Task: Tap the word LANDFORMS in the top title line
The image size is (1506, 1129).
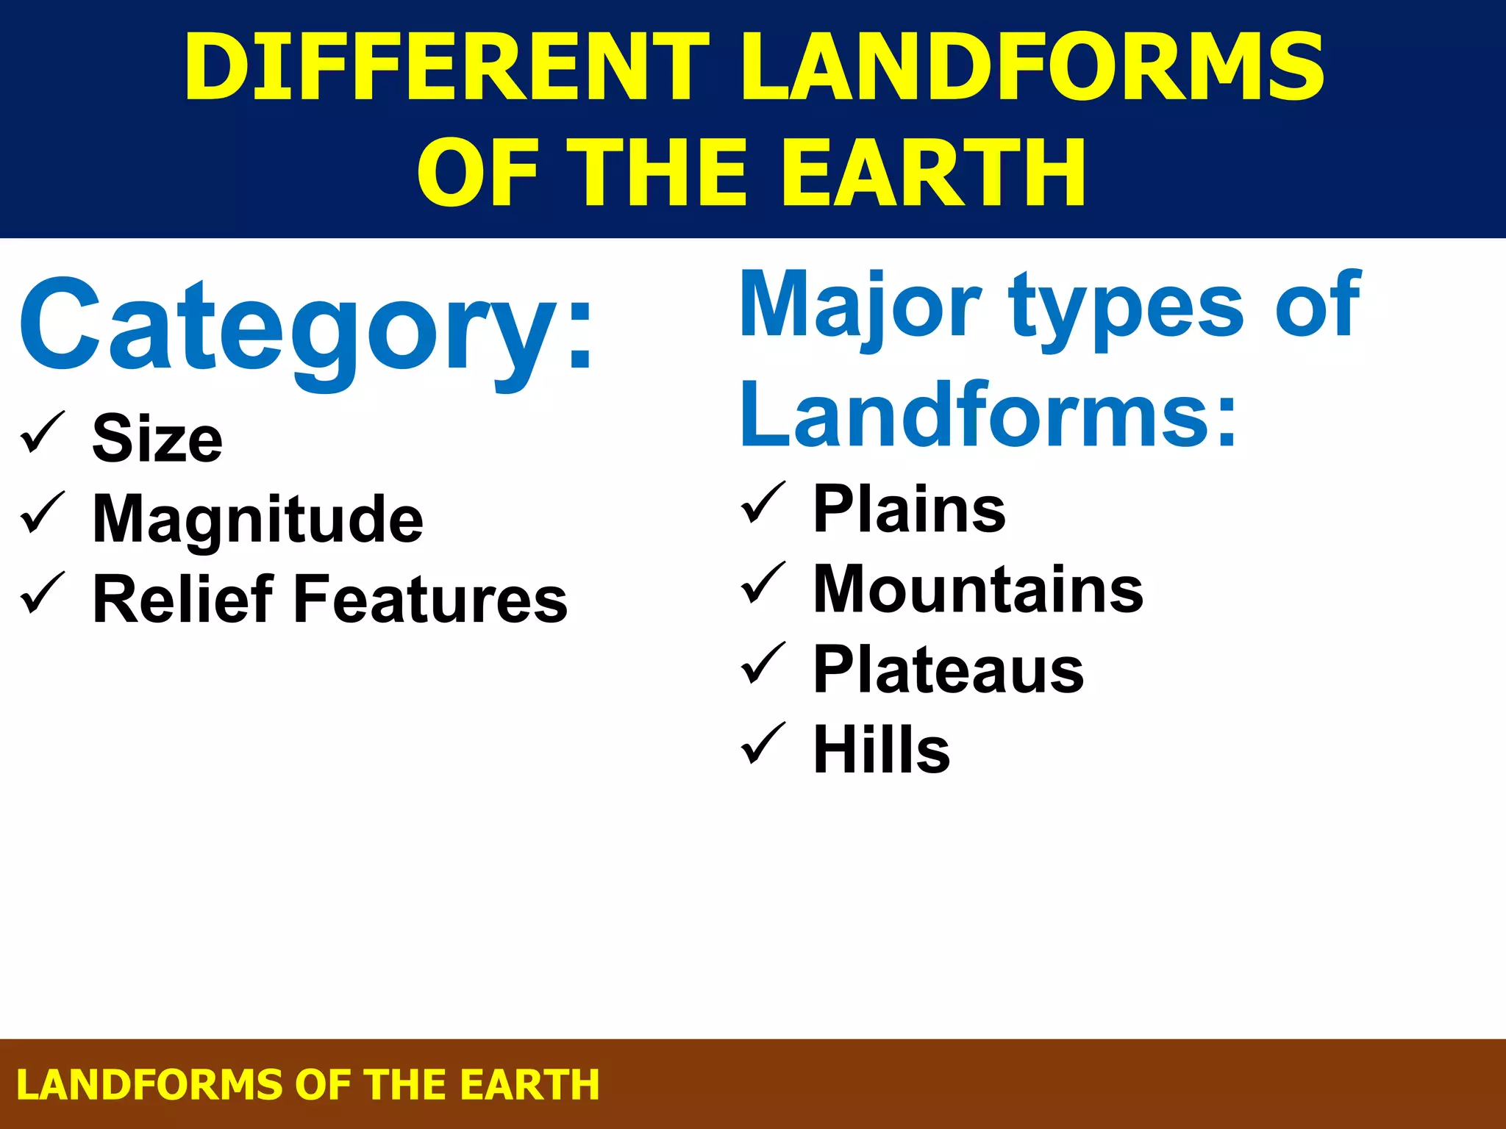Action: pyautogui.click(x=1032, y=68)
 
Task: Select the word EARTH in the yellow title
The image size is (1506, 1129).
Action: pyautogui.click(x=932, y=173)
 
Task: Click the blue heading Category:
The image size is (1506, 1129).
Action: pyautogui.click(x=306, y=328)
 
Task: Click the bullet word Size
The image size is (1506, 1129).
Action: pyautogui.click(x=157, y=440)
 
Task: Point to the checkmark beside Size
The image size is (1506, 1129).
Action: pyautogui.click(x=43, y=434)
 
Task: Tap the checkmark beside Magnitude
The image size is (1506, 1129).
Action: pyautogui.click(x=43, y=514)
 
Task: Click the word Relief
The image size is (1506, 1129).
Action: pyautogui.click(x=183, y=600)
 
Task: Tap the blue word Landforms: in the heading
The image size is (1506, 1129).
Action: pyautogui.click(x=989, y=416)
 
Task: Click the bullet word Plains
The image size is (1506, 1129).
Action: pyautogui.click(x=909, y=509)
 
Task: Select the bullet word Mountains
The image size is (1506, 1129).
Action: pyautogui.click(x=978, y=589)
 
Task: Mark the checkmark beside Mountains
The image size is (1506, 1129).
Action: pyautogui.click(x=763, y=584)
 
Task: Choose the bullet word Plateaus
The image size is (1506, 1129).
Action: pyautogui.click(x=949, y=670)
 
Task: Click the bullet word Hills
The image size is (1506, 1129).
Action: pyautogui.click(x=882, y=750)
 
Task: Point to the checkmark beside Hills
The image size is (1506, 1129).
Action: pyautogui.click(x=763, y=745)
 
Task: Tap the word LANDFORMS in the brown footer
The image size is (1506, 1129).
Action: pyautogui.click(x=150, y=1085)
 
